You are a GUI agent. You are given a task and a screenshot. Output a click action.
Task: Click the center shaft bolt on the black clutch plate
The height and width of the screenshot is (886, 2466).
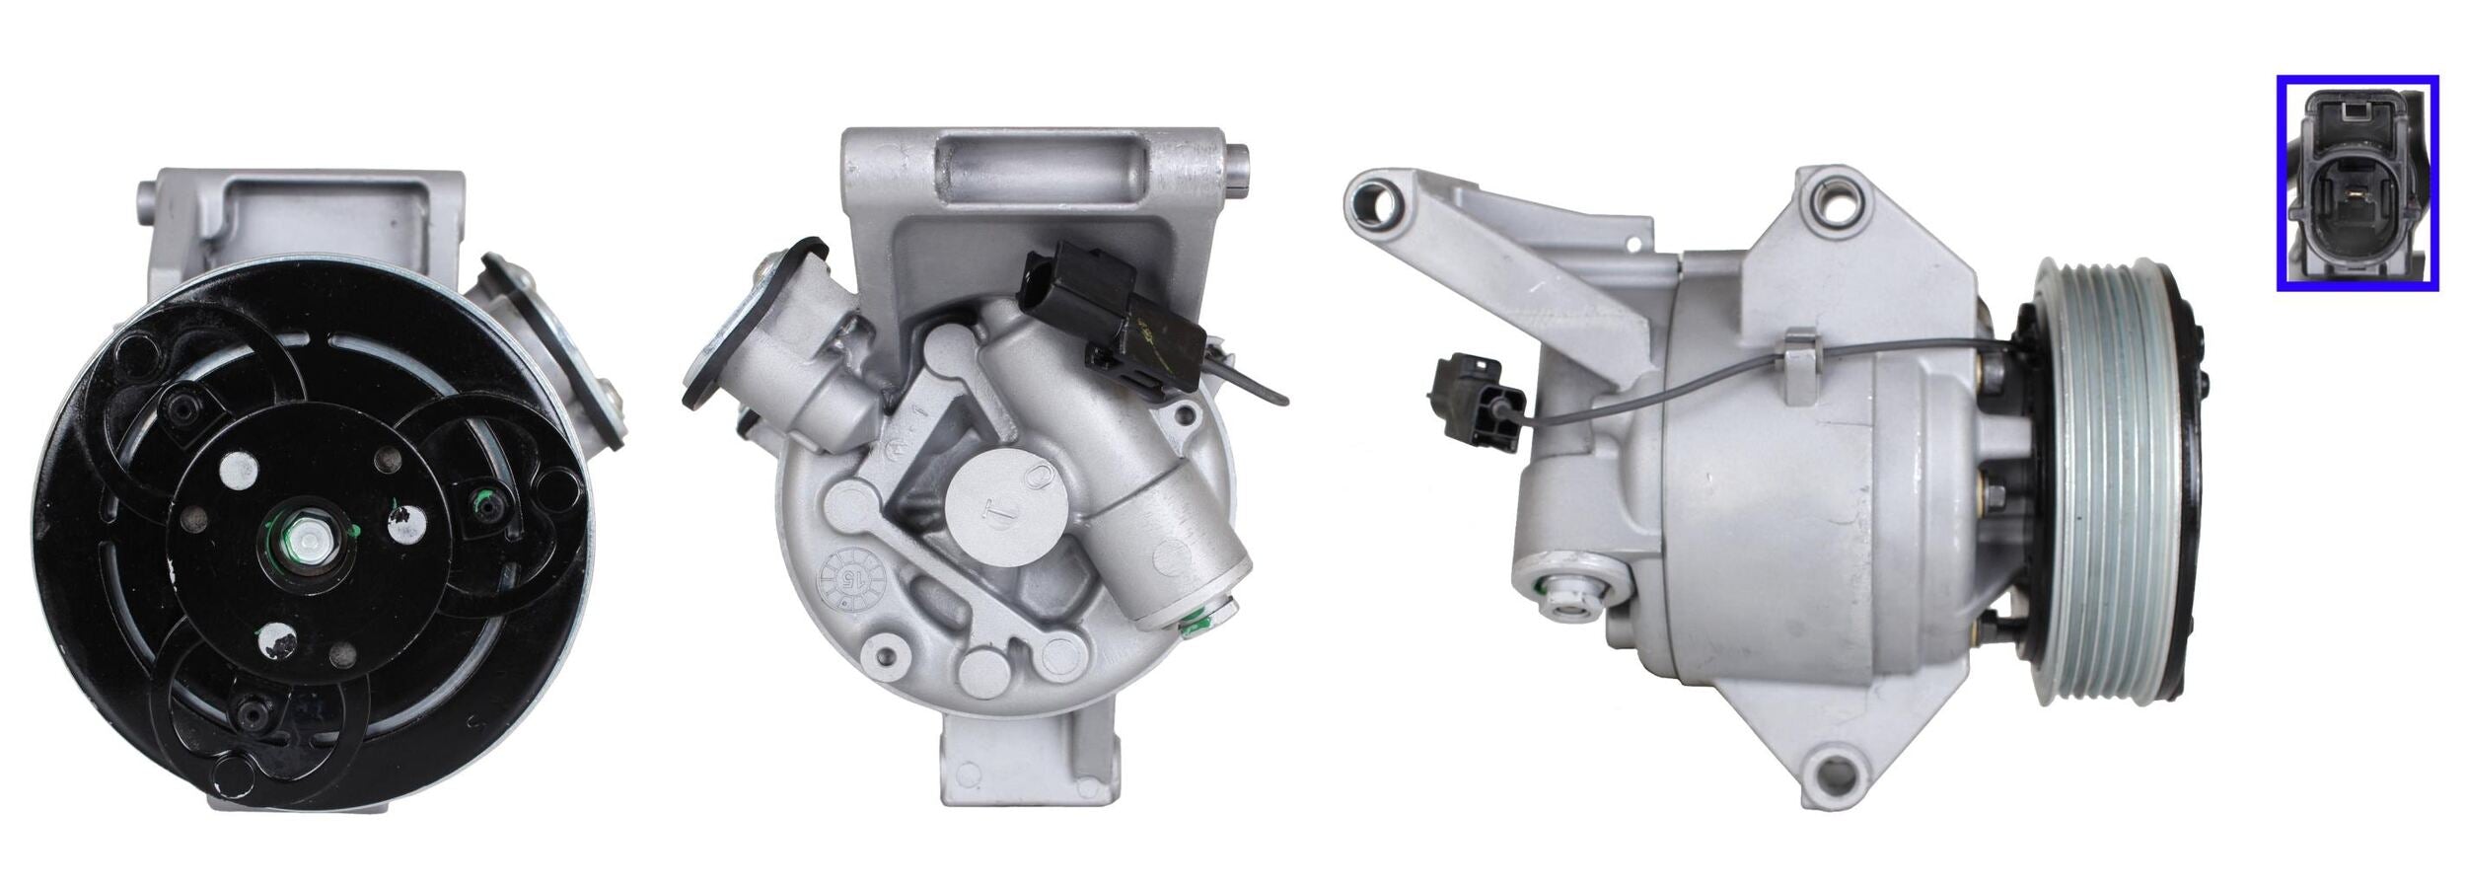[x=310, y=541]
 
